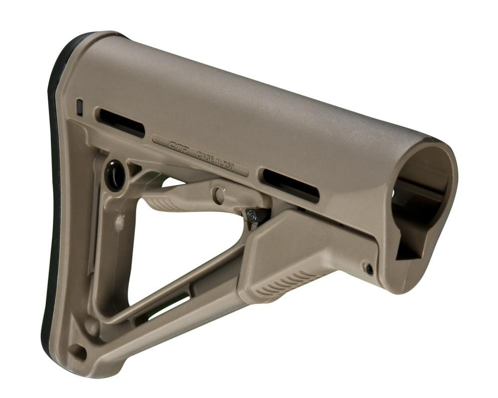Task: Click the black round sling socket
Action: click(x=115, y=175)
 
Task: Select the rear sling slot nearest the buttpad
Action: click(x=122, y=122)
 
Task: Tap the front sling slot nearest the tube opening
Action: click(x=290, y=185)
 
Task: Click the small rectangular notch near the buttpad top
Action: click(x=79, y=107)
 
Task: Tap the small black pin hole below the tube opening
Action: click(x=369, y=269)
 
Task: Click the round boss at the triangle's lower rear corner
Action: click(x=91, y=326)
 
